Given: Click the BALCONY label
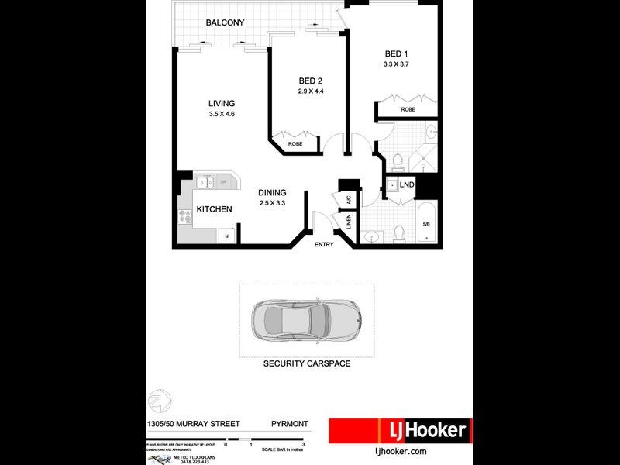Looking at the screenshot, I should (225, 23).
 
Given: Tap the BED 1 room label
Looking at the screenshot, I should (396, 53).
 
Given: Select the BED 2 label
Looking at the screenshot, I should (311, 81).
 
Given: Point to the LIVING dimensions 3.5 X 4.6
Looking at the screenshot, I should (222, 115).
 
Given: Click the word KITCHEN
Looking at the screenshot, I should (214, 209).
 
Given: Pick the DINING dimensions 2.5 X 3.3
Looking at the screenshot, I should (273, 203).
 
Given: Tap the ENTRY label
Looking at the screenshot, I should (324, 245).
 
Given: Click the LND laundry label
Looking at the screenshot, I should (407, 184).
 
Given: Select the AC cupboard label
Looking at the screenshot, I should (349, 199).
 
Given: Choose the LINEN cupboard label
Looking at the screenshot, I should (349, 223).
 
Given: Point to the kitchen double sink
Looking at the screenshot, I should (205, 183).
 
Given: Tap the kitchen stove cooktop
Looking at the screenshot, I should (185, 218).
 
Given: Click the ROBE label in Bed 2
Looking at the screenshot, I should (295, 144).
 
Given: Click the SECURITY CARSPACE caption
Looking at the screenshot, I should (306, 363).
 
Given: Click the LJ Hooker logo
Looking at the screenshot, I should (399, 430).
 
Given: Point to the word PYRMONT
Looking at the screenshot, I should (291, 424).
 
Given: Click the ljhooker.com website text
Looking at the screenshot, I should (401, 451).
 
